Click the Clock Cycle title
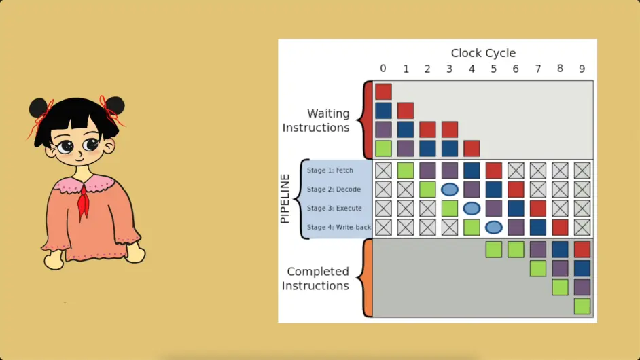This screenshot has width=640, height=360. [x=483, y=53]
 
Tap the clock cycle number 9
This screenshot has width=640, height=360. [x=582, y=69]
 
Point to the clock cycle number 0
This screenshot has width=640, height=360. [x=383, y=69]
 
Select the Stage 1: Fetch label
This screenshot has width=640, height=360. [x=330, y=170]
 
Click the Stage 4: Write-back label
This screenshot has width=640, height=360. [x=339, y=227]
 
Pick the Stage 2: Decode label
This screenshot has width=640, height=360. [x=334, y=190]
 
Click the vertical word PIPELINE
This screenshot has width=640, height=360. [x=285, y=198]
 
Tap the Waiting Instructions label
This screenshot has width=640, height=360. [x=316, y=120]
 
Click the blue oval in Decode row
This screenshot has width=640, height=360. [x=449, y=190]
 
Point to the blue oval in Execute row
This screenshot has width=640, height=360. [x=472, y=209]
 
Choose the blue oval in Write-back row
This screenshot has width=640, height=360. [x=494, y=227]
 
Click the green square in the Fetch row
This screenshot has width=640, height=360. [x=406, y=170]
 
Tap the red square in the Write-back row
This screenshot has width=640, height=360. [x=560, y=227]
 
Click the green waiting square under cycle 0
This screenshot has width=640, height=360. [x=383, y=148]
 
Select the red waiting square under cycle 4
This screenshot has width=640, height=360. [x=472, y=148]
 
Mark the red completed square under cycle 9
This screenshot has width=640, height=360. [x=582, y=249]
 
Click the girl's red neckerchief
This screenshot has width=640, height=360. [x=84, y=200]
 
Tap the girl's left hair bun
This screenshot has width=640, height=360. [x=38, y=107]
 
